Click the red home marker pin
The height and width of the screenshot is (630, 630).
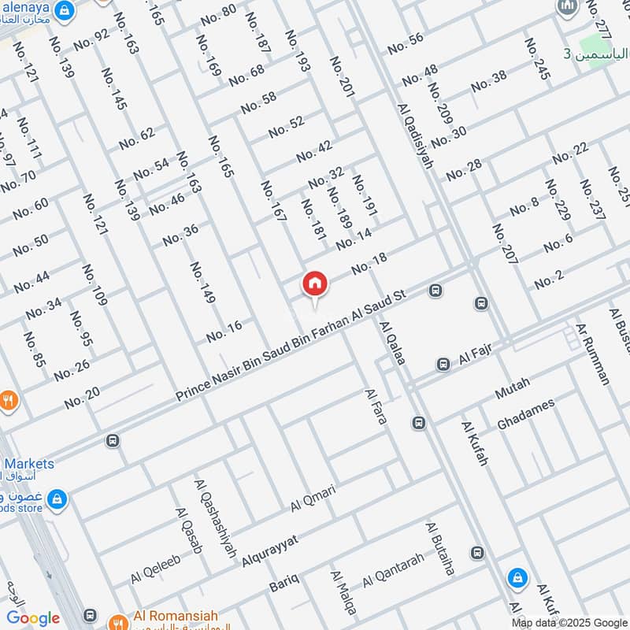314,284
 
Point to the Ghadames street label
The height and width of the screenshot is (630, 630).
525,414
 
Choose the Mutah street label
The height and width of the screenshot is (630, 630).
513,387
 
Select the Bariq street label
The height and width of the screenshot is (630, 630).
284,584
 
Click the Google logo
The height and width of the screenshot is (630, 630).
33,618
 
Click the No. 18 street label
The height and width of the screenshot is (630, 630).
369,265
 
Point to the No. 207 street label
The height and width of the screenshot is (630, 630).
505,254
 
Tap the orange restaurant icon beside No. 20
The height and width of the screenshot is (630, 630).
8,400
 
